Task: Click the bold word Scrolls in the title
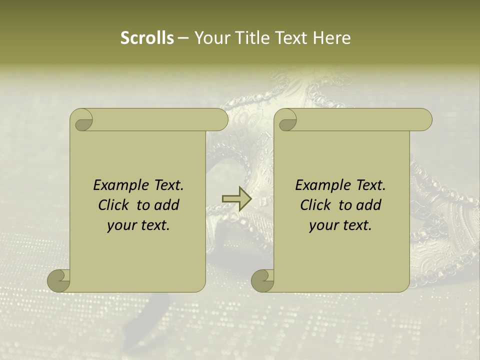[147, 38]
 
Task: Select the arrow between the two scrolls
[236, 199]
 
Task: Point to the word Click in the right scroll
[315, 205]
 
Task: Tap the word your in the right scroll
[323, 225]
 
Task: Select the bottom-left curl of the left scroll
[58, 280]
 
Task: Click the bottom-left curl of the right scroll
[262, 280]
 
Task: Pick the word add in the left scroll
[167, 205]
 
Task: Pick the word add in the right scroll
[369, 205]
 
